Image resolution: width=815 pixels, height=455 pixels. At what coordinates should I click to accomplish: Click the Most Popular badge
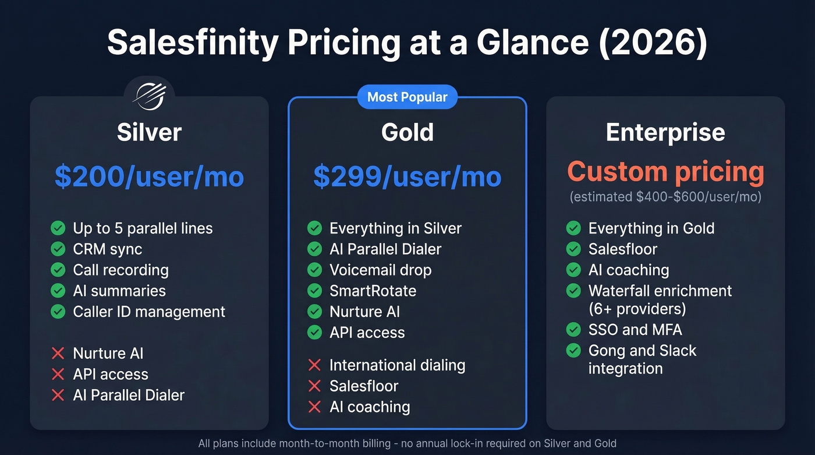click(x=408, y=97)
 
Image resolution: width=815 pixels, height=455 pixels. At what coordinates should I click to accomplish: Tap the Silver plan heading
click(x=149, y=132)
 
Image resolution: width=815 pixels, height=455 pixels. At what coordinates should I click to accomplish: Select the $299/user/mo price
click(x=408, y=177)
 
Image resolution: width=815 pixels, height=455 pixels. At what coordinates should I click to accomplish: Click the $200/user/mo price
click(x=149, y=177)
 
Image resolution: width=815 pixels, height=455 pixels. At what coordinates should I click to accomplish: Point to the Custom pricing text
click(x=665, y=172)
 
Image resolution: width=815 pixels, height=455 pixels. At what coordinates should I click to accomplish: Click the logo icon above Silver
click(x=149, y=94)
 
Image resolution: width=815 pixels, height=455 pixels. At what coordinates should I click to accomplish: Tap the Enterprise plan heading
click(x=665, y=132)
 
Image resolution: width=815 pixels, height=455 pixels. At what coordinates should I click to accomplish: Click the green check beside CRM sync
click(x=58, y=249)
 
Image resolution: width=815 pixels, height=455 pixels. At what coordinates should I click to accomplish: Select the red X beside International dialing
click(x=314, y=365)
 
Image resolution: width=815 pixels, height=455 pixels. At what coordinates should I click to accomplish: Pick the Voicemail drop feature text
click(x=380, y=270)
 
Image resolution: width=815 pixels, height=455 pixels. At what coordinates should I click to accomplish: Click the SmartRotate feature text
click(x=373, y=291)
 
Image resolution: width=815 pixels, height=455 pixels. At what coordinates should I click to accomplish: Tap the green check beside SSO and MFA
click(x=573, y=330)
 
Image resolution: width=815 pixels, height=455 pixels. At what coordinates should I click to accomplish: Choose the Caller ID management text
click(x=149, y=312)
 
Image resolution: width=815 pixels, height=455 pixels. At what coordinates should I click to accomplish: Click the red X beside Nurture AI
click(x=58, y=353)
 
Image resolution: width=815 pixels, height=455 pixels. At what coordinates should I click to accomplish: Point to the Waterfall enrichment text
click(x=660, y=291)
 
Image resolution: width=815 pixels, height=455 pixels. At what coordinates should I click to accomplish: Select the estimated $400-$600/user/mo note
click(x=665, y=197)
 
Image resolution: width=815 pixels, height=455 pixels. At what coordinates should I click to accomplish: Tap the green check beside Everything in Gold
click(x=573, y=228)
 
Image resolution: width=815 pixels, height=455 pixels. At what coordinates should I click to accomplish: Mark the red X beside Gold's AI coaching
click(x=314, y=407)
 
